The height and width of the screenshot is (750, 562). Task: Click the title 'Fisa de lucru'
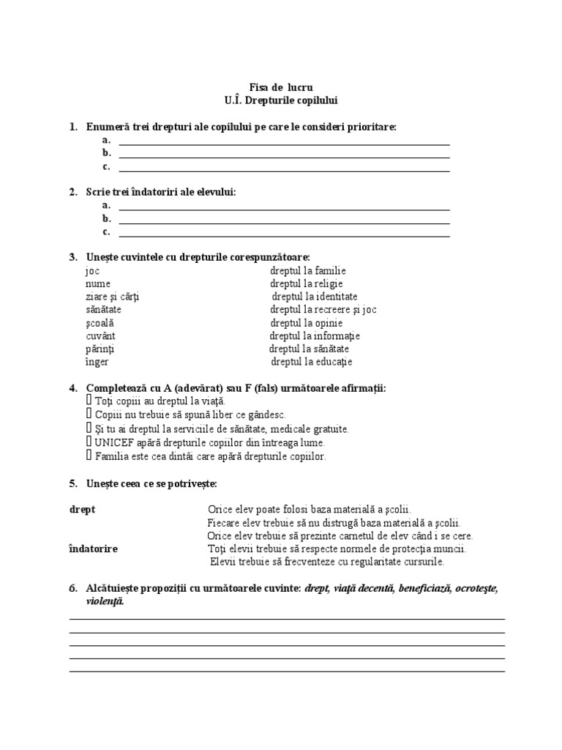tap(281, 87)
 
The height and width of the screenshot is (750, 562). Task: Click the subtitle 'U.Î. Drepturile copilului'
tap(281, 100)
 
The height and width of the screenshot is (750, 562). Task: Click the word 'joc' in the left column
tap(92, 270)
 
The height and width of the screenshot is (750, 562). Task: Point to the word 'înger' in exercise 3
tap(97, 362)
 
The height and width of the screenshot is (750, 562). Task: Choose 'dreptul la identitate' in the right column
tap(315, 297)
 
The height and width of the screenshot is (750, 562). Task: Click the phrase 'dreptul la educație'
tap(312, 362)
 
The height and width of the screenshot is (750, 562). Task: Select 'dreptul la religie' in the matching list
tap(306, 283)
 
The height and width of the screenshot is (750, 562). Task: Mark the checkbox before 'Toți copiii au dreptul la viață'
tap(89, 401)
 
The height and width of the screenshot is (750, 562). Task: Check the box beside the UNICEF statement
tap(89, 442)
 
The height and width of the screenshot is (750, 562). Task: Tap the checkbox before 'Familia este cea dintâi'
tap(89, 456)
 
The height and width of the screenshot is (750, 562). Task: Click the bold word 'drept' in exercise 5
tap(82, 509)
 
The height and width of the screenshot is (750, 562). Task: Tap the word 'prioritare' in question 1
tap(371, 127)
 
